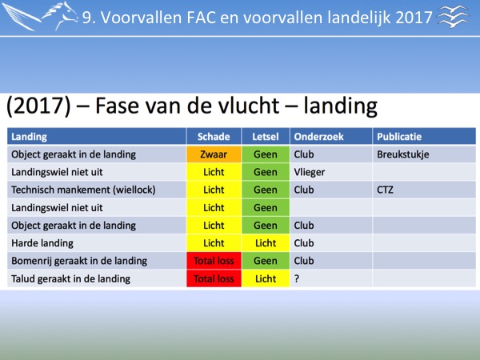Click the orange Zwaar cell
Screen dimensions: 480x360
pos(214,154)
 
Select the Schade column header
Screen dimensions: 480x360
pos(214,137)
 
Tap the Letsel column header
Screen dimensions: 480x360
pos(266,137)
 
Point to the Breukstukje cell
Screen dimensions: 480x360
pos(403,154)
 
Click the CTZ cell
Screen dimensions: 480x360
pos(385,190)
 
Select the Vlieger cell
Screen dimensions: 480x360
pos(309,172)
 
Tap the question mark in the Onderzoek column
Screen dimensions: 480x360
pos(297,278)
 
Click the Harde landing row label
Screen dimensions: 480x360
pos(42,243)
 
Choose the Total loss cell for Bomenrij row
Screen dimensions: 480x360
pos(214,261)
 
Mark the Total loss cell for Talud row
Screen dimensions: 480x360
pos(214,278)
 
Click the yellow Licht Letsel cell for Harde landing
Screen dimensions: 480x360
pos(266,243)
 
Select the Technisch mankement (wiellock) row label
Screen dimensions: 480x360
pos(83,190)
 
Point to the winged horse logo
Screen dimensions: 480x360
pos(41,17)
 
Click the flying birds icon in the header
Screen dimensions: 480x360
pos(454,17)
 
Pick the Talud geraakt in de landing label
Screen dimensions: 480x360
pos(70,278)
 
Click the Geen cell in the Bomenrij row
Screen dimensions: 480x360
pos(266,261)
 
